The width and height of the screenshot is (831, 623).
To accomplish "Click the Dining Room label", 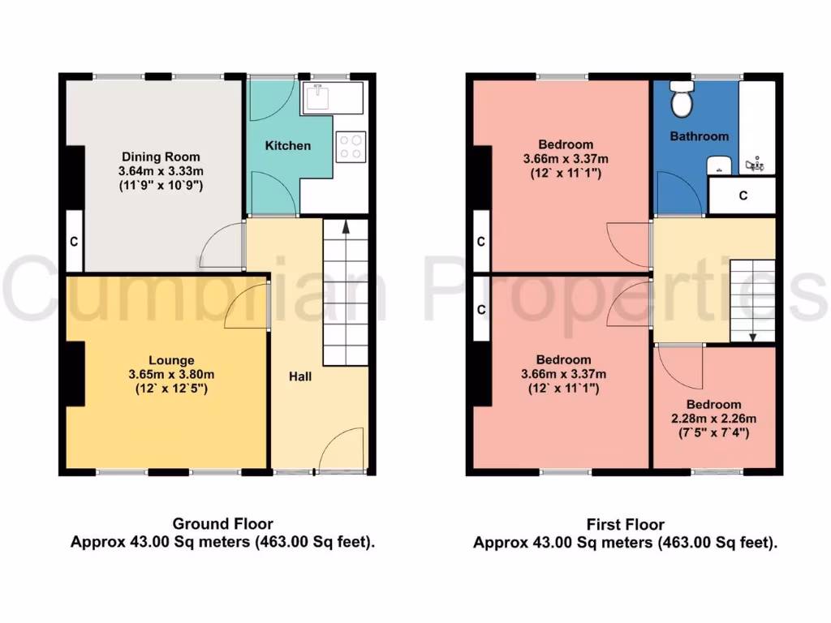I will tap(161, 157).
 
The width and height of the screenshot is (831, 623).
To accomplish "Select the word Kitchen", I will tap(288, 145).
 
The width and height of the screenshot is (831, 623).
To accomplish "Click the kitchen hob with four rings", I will tap(351, 146).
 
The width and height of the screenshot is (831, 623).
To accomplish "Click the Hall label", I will tap(301, 376).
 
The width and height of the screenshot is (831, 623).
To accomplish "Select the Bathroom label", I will tap(699, 136).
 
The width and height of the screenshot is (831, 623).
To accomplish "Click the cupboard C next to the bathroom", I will tap(742, 195).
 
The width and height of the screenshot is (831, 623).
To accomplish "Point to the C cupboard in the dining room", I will tap(74, 241).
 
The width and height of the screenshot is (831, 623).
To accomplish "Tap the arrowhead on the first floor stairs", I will tap(752, 337).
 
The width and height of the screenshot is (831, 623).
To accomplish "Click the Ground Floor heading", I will tap(222, 524).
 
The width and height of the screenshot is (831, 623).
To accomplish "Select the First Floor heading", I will tap(625, 525).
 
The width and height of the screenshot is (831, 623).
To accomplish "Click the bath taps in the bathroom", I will tap(756, 165).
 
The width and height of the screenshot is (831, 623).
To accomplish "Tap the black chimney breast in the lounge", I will tap(75, 372).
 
